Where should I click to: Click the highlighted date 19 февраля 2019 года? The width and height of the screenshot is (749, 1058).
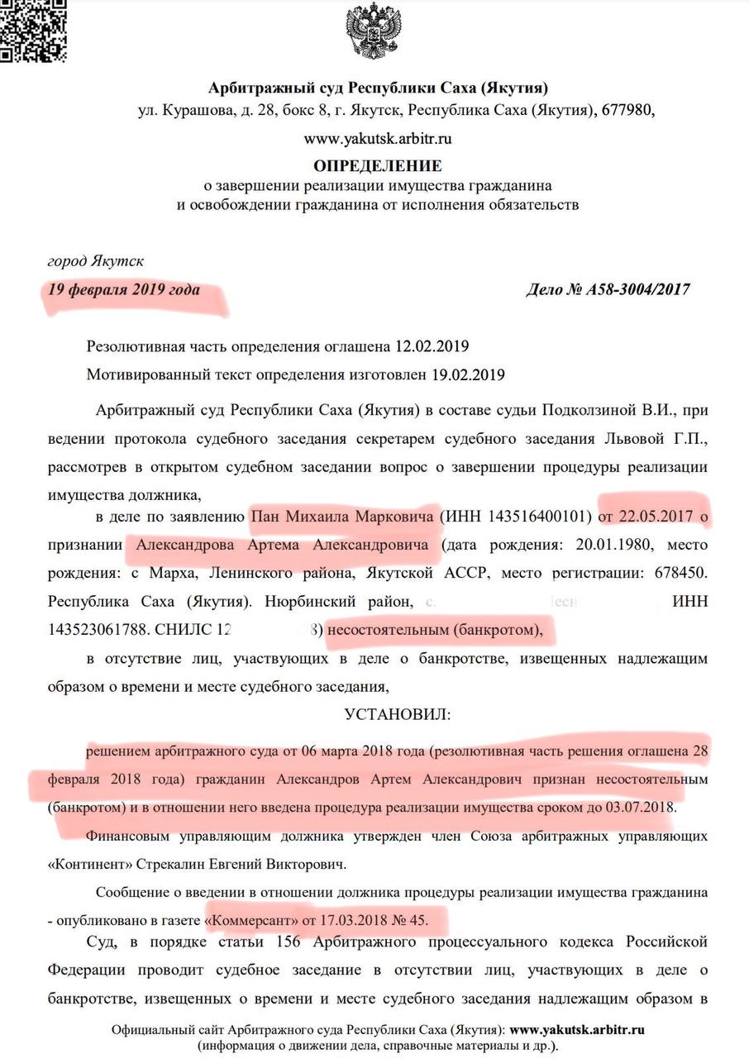pyautogui.click(x=123, y=291)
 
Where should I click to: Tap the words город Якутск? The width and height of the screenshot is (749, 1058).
pyautogui.click(x=95, y=262)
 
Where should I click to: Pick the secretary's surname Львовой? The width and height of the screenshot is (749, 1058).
pyautogui.click(x=637, y=439)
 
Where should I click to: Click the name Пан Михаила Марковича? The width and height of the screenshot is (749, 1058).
pyautogui.click(x=343, y=517)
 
